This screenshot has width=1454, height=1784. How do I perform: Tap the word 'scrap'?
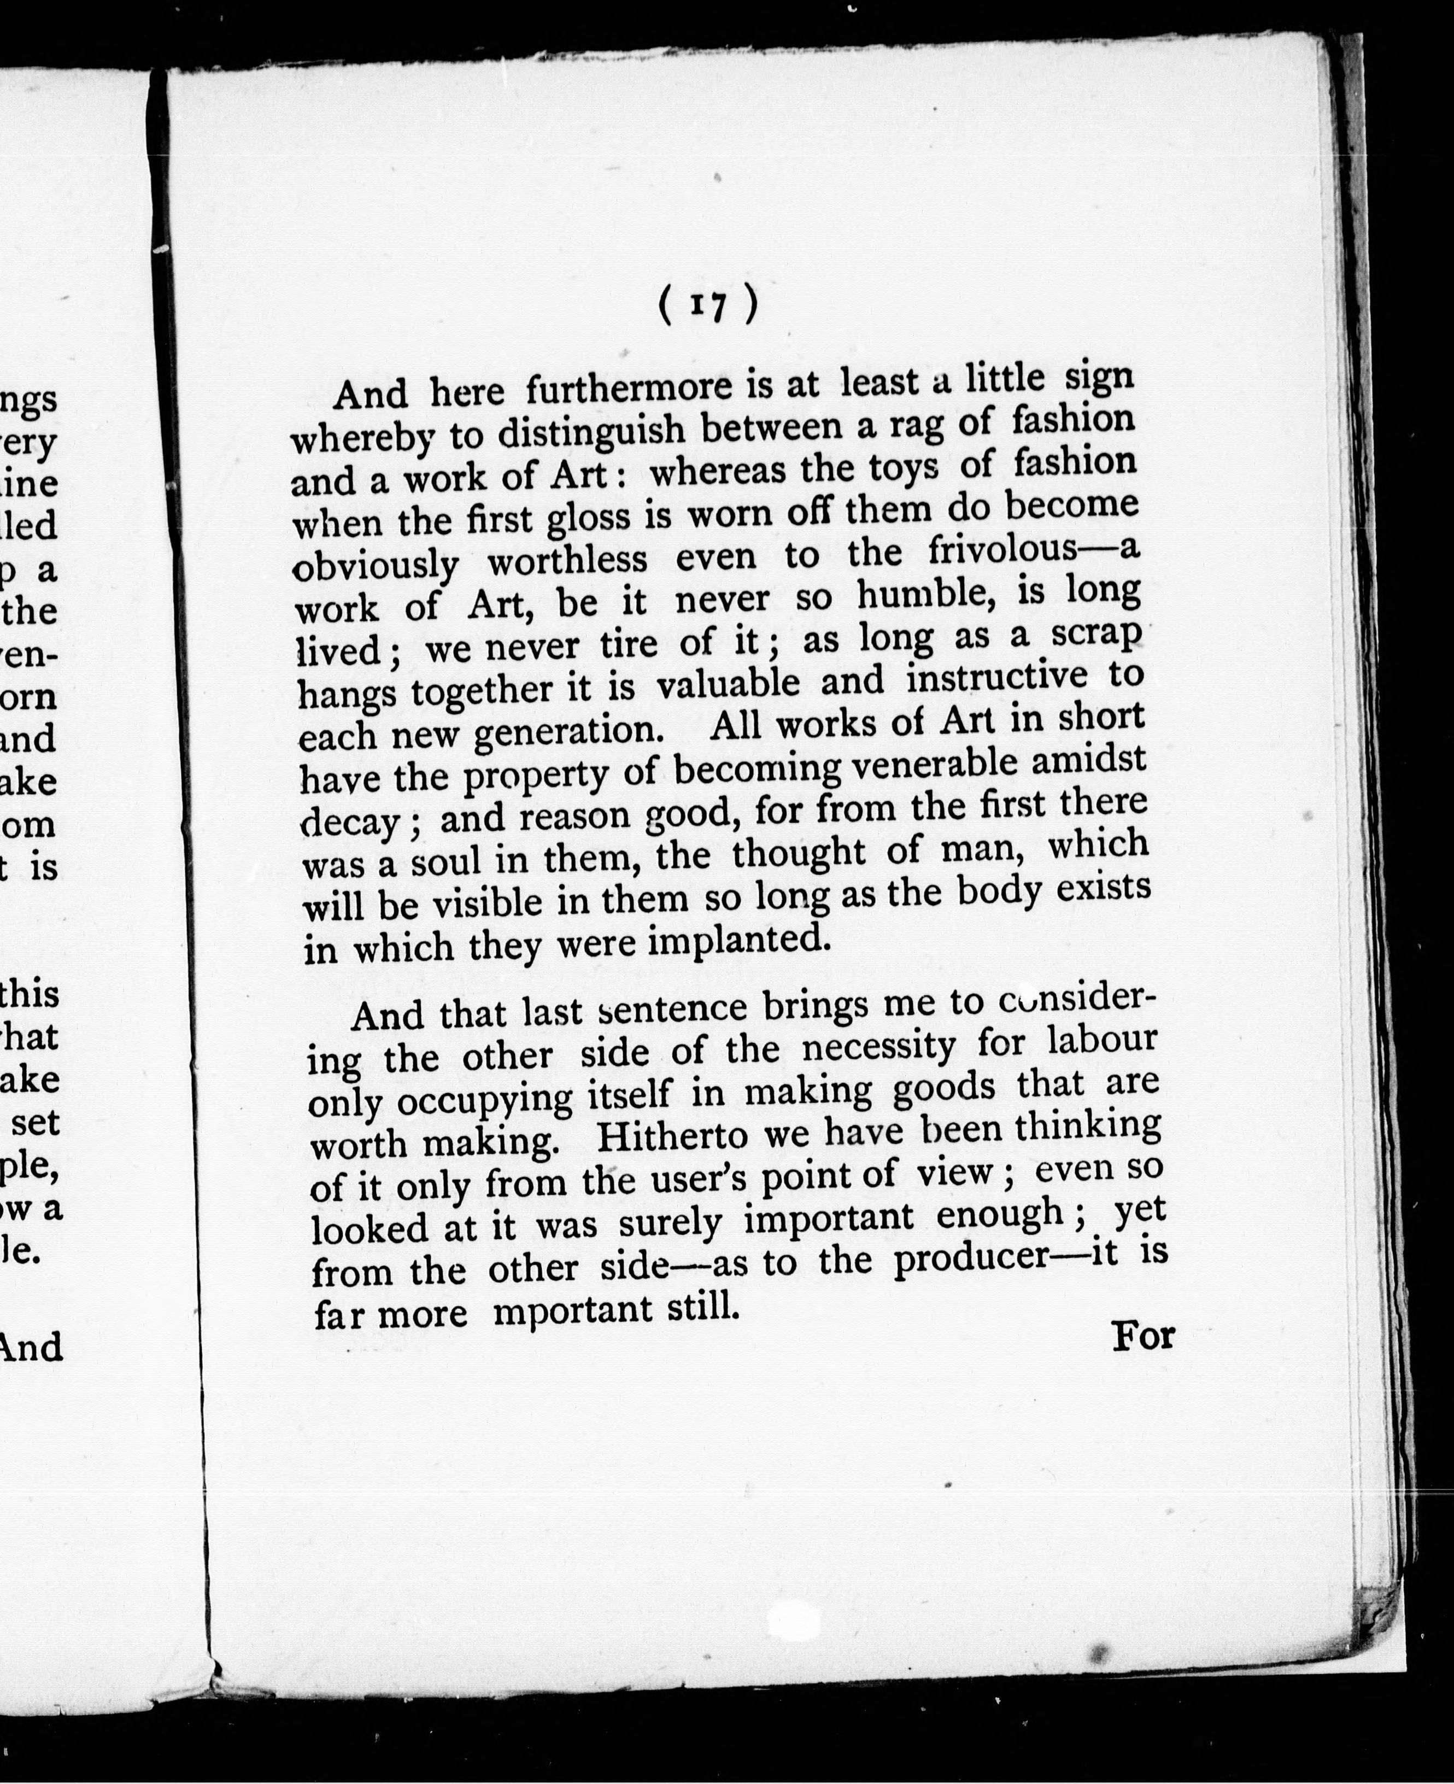point(1097,635)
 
